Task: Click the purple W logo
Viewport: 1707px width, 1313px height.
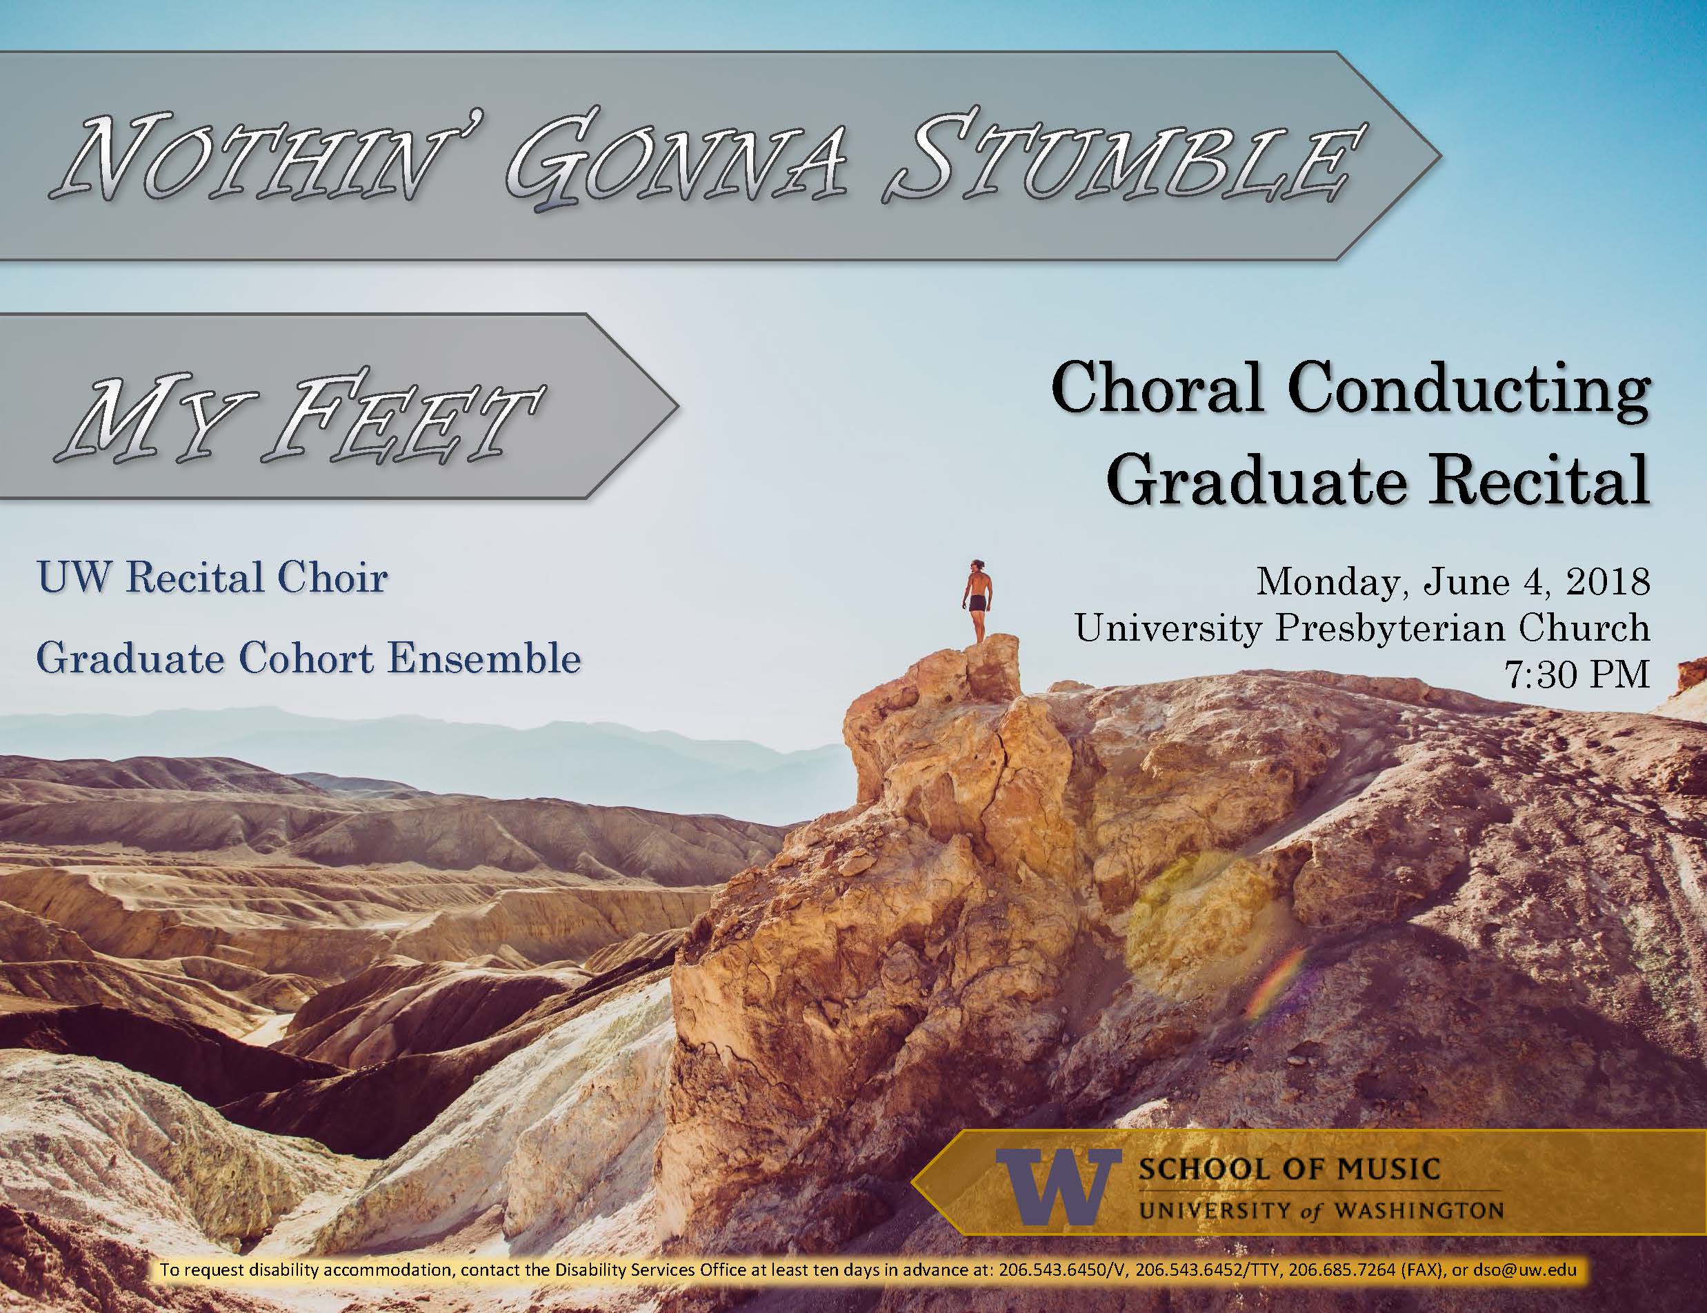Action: (x=1056, y=1188)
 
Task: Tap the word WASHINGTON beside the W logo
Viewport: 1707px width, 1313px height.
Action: (x=1419, y=1212)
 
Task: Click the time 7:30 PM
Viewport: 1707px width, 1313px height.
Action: (x=1578, y=673)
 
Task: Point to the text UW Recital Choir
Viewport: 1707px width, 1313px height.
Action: (x=212, y=579)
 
